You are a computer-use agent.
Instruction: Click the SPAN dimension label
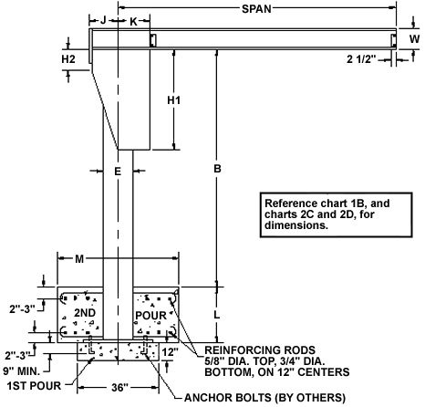pos(256,9)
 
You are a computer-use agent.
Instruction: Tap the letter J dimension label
pos(103,20)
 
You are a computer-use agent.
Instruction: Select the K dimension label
pos(133,21)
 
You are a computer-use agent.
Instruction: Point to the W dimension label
pos(414,39)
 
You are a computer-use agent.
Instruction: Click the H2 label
pos(68,59)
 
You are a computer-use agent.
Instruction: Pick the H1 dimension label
pos(174,99)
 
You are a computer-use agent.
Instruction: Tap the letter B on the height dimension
pos(217,169)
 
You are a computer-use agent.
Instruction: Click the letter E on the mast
pos(118,172)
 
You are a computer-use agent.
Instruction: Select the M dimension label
pos(79,259)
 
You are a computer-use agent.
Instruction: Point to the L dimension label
pos(216,315)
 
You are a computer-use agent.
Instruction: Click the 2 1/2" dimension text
pos(361,59)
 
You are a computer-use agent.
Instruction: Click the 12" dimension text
pos(171,352)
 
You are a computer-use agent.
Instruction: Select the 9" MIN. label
pos(21,371)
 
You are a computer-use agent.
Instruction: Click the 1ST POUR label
pos(34,386)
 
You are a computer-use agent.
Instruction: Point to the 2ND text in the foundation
pos(85,313)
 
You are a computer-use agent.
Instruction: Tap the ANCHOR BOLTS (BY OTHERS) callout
pos(264,397)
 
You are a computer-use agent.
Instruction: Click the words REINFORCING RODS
pos(260,350)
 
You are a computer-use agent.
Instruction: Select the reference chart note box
pos(336,214)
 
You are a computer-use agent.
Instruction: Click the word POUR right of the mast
pos(150,316)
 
